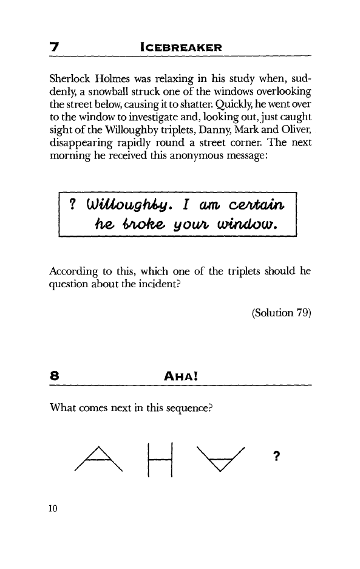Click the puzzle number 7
[53, 47]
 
